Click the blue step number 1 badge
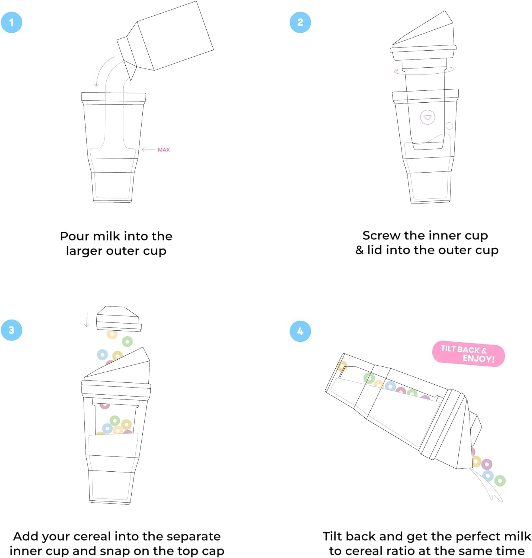pos(12,22)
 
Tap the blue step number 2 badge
pos(300,22)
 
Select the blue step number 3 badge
pos(12,330)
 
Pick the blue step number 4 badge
pos(300,331)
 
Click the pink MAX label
pos(164,150)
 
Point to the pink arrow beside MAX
pos(148,149)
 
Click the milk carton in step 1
pos(165,40)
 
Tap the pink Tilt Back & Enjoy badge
pos(468,354)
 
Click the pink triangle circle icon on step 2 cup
pos(427,117)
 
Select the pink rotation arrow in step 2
pos(424,71)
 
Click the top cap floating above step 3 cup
pos(119,318)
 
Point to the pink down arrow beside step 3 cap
pos(87,320)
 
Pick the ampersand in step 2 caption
pos(359,250)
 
